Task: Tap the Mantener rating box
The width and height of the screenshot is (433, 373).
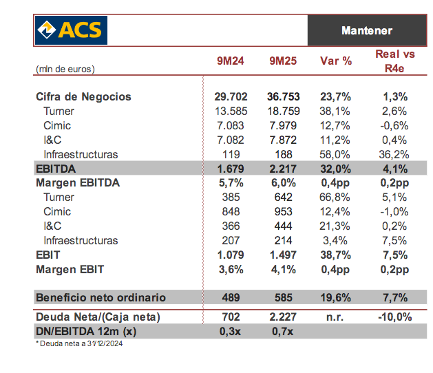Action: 366,31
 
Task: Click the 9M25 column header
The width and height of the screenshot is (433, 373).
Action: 283,61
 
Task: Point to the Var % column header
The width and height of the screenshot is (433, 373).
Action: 336,61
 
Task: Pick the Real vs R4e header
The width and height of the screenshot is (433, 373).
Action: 395,61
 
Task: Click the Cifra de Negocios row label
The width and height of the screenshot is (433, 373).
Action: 83,97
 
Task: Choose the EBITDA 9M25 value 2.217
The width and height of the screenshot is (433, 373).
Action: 282,169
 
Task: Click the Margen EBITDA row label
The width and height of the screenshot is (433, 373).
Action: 77,183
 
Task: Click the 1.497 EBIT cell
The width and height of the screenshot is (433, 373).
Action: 282,255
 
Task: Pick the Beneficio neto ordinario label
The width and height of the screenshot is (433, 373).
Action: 101,298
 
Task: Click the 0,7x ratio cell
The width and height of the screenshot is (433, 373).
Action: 283,332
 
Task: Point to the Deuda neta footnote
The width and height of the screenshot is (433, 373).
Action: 79,343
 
